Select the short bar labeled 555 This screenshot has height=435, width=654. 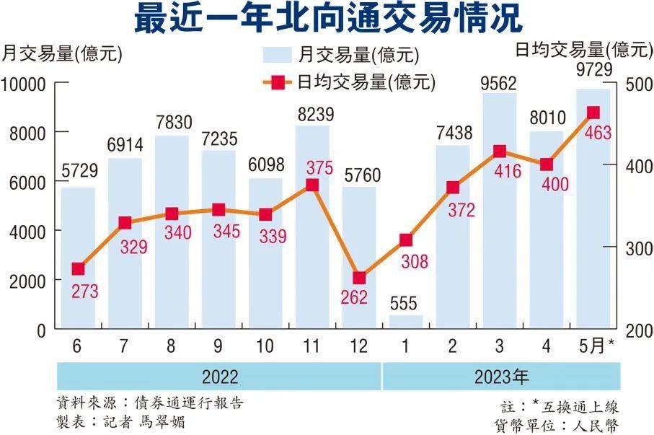[406, 322]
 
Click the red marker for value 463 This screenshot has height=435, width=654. [593, 113]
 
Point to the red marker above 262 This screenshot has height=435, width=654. [359, 278]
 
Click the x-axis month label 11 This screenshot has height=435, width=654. [311, 347]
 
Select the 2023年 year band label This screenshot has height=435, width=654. [501, 377]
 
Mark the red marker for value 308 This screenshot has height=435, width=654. [406, 240]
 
